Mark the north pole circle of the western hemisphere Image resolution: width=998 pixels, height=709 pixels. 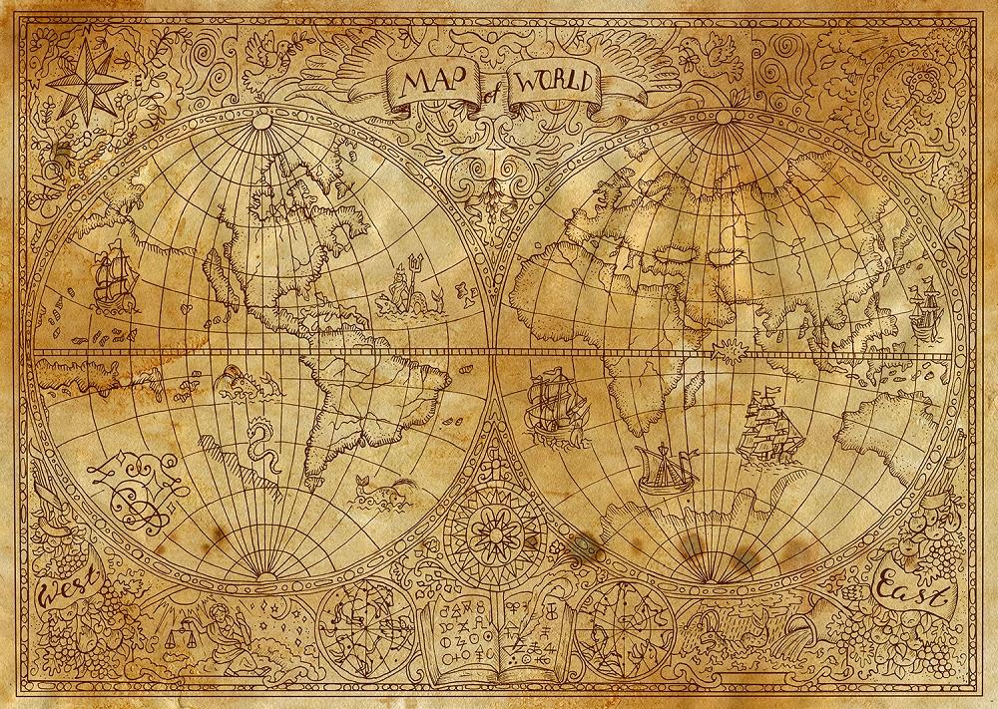click(261, 122)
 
